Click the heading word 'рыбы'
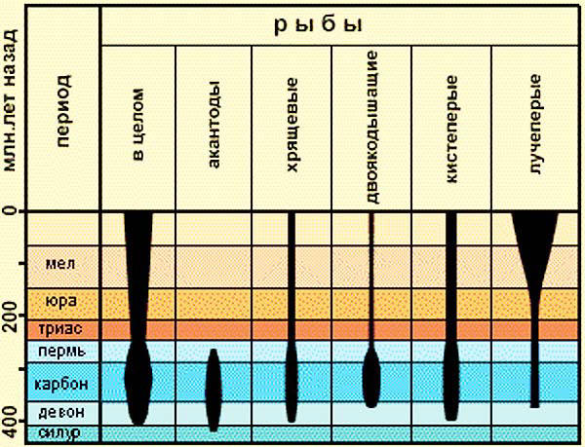(337, 22)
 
